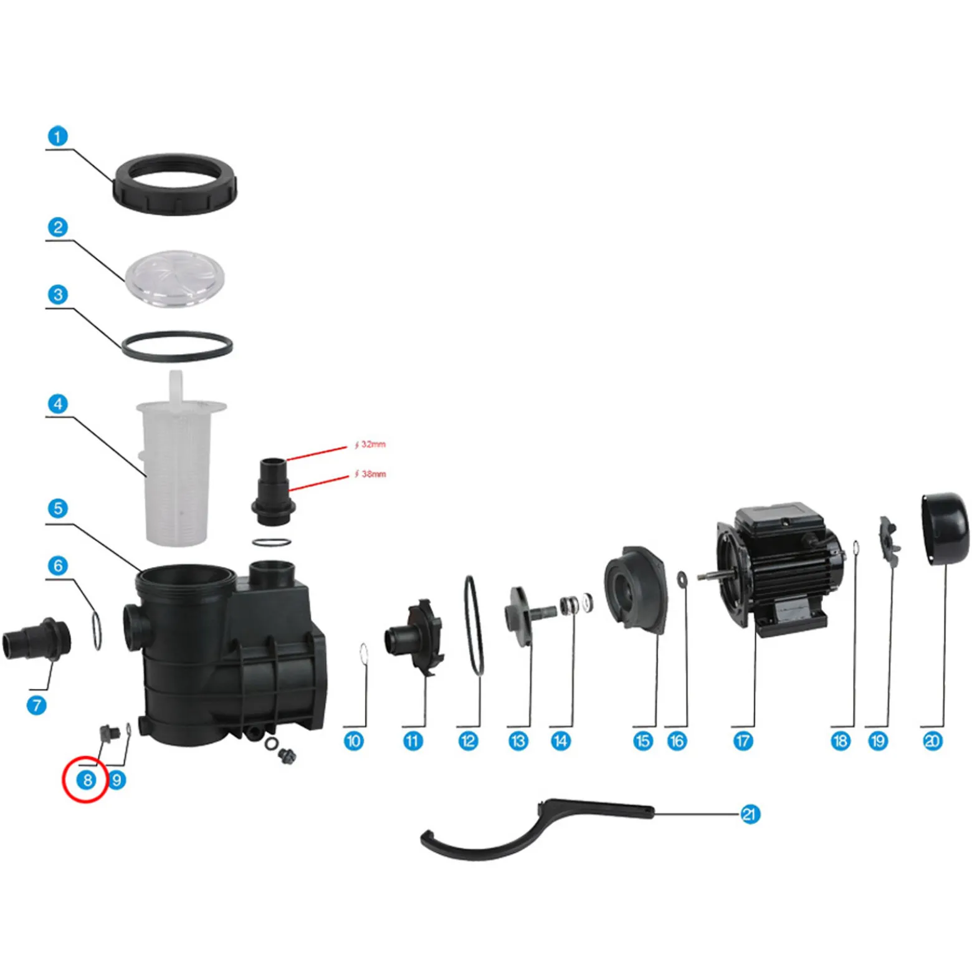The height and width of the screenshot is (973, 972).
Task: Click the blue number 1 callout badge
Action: click(x=58, y=137)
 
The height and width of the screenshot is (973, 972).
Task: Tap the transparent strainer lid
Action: click(x=174, y=279)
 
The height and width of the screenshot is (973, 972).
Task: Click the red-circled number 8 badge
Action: click(x=87, y=780)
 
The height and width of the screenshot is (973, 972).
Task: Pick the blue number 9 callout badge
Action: click(x=117, y=780)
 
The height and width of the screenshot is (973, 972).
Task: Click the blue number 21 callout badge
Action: click(x=750, y=814)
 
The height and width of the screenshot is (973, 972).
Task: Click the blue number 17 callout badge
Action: click(x=743, y=741)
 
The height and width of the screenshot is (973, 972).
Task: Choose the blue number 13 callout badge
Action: click(x=518, y=741)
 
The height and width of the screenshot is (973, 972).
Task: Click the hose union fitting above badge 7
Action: click(x=37, y=640)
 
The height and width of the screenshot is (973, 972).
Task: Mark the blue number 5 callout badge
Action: click(x=58, y=508)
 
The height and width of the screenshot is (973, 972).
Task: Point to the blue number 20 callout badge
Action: click(x=932, y=741)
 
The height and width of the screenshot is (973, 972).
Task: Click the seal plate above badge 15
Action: click(x=635, y=590)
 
